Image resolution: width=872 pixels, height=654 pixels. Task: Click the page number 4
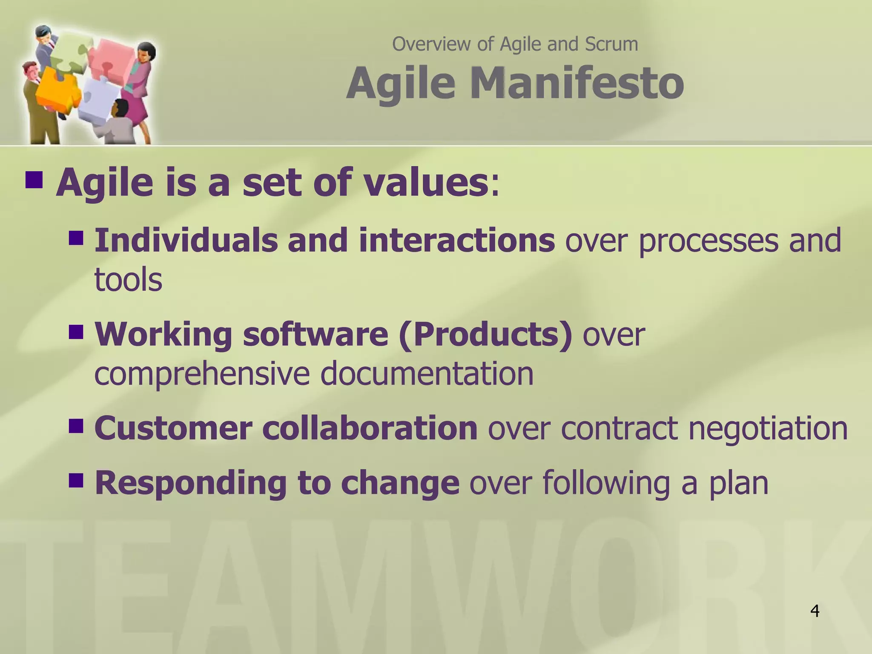point(815,611)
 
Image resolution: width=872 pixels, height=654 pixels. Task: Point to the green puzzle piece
point(68,51)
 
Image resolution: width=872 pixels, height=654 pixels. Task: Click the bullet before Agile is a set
point(34,180)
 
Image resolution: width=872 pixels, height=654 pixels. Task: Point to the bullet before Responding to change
point(76,481)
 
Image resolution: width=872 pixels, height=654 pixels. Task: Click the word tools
point(128,280)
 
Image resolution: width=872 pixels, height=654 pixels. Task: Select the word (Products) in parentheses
point(485,334)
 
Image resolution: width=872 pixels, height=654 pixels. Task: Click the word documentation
point(427,373)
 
